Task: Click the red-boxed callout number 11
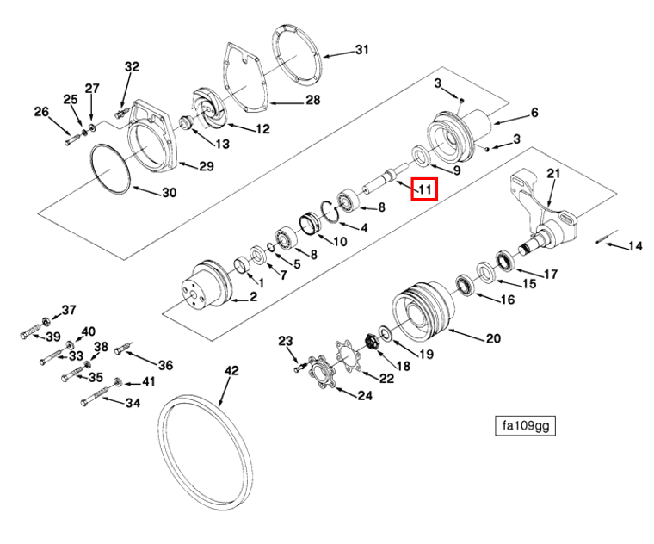425,188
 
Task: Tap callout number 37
68,310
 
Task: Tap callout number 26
41,111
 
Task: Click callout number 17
550,275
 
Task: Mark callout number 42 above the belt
231,371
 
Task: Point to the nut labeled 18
374,341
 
